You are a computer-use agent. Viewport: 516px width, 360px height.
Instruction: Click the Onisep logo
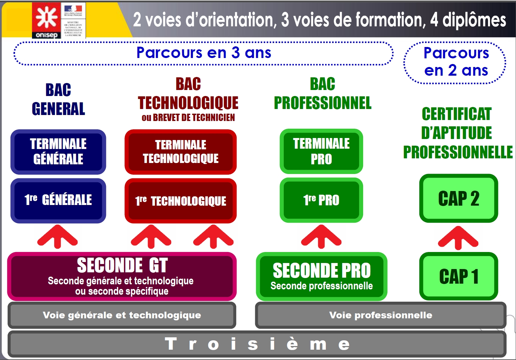[46, 20]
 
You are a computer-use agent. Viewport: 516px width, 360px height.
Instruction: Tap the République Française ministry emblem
[73, 20]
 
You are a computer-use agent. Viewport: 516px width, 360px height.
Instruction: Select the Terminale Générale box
[58, 152]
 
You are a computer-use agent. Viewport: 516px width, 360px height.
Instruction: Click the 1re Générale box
[58, 200]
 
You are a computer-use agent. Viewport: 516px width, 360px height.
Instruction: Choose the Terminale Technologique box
[181, 152]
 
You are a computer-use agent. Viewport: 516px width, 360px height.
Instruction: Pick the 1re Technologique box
[181, 201]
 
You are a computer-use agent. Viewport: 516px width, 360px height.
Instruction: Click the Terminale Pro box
[321, 151]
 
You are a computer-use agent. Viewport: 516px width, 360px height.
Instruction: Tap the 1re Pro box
[321, 200]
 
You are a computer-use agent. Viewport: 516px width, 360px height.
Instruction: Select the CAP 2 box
[458, 198]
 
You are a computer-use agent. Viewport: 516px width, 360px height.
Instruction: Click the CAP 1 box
[458, 276]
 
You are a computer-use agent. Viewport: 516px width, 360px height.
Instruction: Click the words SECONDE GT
[122, 265]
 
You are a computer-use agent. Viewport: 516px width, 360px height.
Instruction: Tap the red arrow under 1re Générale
[58, 237]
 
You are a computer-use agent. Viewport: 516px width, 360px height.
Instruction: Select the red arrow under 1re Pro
[321, 237]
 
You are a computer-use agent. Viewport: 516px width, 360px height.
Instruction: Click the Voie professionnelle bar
[380, 315]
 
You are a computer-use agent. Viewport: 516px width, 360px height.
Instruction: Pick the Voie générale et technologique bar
[122, 315]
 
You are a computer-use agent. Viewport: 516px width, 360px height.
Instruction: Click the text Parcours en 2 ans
[456, 62]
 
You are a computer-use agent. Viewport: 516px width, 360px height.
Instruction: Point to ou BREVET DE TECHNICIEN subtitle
[188, 118]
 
